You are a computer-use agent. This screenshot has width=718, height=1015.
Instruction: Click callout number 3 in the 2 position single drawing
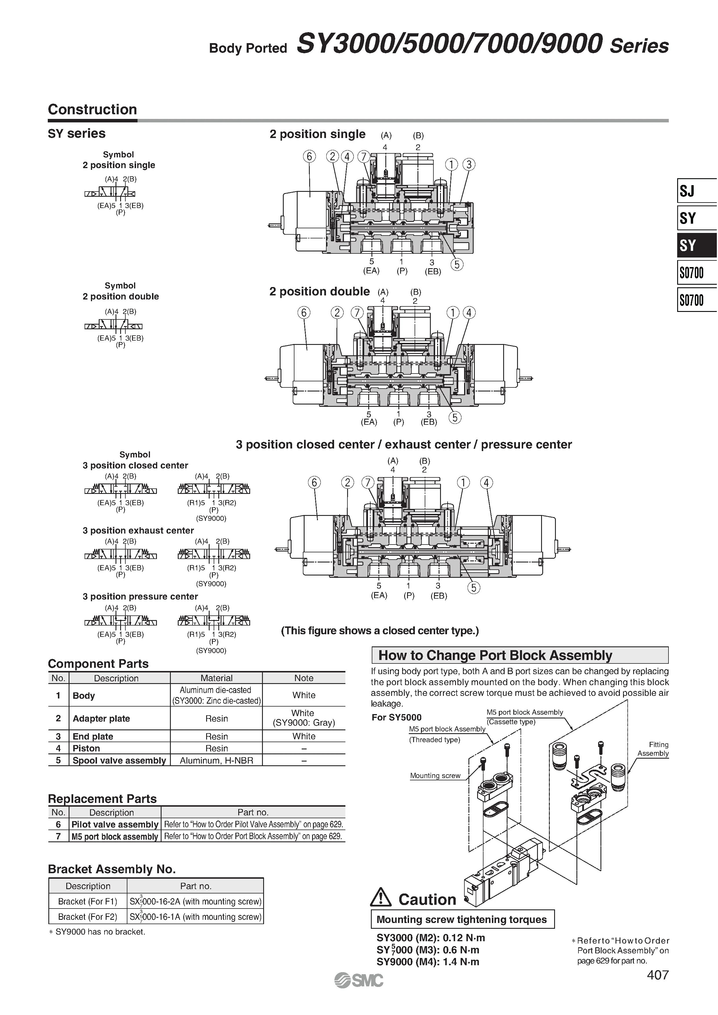[468, 164]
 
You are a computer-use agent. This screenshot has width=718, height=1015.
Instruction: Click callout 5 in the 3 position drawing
[473, 588]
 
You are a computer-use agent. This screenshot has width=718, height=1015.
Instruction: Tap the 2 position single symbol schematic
[110, 193]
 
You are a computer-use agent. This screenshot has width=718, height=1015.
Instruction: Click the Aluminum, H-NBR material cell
[216, 760]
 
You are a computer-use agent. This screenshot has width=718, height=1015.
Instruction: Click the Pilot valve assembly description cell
[115, 824]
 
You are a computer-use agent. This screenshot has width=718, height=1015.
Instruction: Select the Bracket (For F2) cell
[88, 917]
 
